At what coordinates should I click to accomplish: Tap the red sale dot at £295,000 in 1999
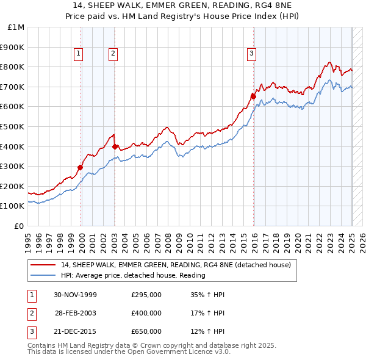(x=80, y=167)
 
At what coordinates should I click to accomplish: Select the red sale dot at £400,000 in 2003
(x=115, y=146)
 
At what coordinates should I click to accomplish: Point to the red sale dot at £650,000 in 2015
(x=253, y=96)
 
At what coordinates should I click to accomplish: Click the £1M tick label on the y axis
(x=16, y=27)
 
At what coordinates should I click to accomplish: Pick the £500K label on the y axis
(x=13, y=126)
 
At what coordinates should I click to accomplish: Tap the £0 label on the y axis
(x=19, y=226)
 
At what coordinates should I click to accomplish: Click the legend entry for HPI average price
(x=133, y=275)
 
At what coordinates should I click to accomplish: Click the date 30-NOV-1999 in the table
(x=76, y=295)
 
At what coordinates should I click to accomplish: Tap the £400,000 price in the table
(x=146, y=313)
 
